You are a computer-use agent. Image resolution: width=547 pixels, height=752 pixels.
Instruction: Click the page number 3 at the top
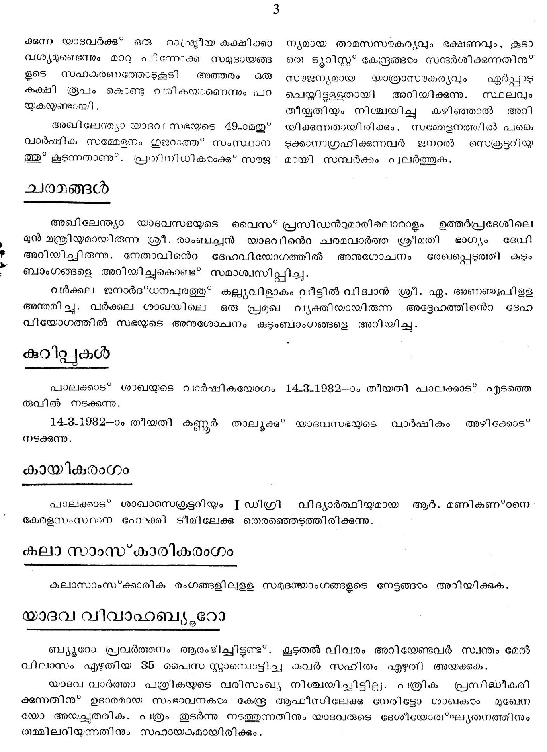276,10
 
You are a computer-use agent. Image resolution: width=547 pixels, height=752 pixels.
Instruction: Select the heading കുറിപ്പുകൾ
67,354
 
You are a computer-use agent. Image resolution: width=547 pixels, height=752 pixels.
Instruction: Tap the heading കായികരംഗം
77,471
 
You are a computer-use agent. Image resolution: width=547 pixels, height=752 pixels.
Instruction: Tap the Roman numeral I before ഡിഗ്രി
237,504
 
